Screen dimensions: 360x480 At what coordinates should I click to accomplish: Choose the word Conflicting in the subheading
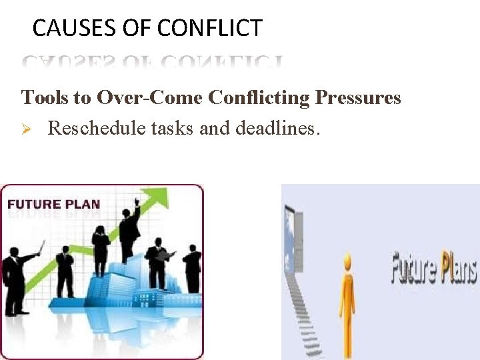coord(259,98)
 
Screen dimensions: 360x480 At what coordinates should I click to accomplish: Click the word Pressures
coord(358,98)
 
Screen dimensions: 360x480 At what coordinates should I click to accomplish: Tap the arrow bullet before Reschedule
coord(28,128)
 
